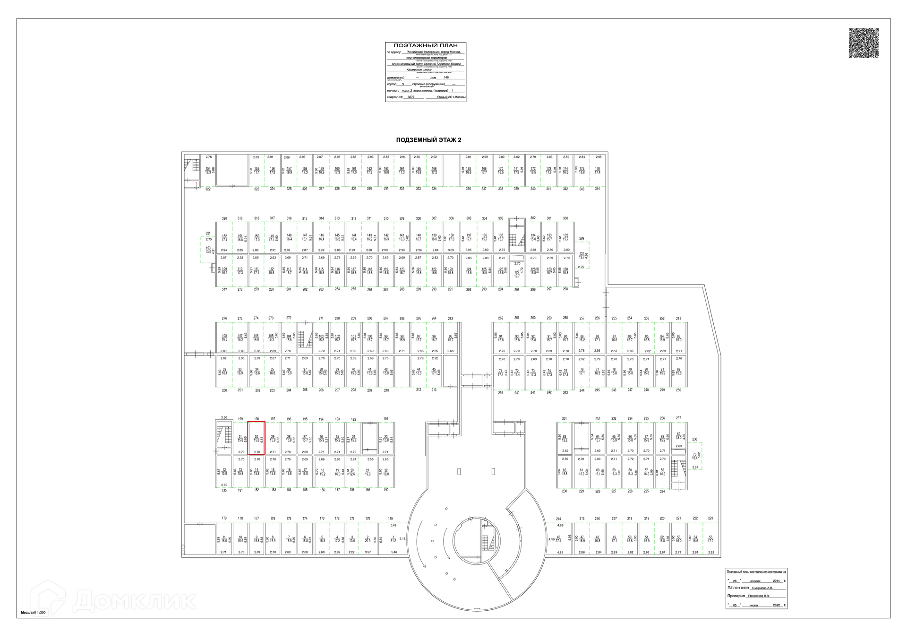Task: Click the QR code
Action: click(x=863, y=43)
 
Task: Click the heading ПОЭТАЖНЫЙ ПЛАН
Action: click(x=426, y=45)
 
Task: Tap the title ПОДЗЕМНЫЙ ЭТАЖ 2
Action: click(x=428, y=140)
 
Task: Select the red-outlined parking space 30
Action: click(x=257, y=438)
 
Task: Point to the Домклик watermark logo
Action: click(x=113, y=601)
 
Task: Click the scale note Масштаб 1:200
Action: click(x=33, y=612)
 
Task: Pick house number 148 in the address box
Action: click(x=446, y=78)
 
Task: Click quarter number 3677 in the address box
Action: click(x=411, y=97)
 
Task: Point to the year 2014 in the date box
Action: click(x=777, y=580)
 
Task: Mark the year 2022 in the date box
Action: click(x=777, y=605)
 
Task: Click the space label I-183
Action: click(x=273, y=490)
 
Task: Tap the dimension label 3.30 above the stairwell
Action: click(x=224, y=417)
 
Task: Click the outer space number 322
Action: click(x=208, y=189)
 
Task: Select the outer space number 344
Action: click(x=597, y=189)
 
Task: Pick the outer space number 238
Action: click(x=694, y=439)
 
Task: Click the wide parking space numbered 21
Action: click(x=368, y=472)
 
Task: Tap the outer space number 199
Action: click(x=240, y=419)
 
